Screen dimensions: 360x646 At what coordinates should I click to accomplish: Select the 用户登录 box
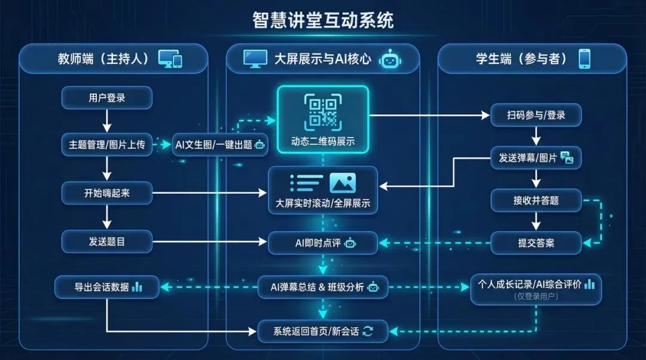(107, 97)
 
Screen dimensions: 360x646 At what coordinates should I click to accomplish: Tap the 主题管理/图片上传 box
(107, 145)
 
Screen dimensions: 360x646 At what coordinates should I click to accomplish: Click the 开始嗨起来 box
(107, 193)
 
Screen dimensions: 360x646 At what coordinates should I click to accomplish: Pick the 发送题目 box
(107, 241)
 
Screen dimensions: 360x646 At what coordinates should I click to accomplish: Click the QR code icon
(322, 111)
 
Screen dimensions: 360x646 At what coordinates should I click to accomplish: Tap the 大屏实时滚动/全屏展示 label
(322, 203)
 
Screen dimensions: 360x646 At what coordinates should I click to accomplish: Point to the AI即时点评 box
(322, 243)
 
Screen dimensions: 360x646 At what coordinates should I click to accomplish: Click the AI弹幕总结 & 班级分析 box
(322, 287)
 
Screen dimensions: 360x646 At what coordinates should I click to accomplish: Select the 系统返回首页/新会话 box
(322, 331)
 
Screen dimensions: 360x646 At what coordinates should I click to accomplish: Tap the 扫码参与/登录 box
(535, 115)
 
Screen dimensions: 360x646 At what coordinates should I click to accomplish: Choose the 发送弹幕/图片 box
(535, 158)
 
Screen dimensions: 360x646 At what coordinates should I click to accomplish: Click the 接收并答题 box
(535, 200)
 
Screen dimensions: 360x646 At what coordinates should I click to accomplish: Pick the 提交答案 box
(535, 243)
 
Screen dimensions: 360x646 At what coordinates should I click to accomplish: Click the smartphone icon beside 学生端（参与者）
(584, 59)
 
